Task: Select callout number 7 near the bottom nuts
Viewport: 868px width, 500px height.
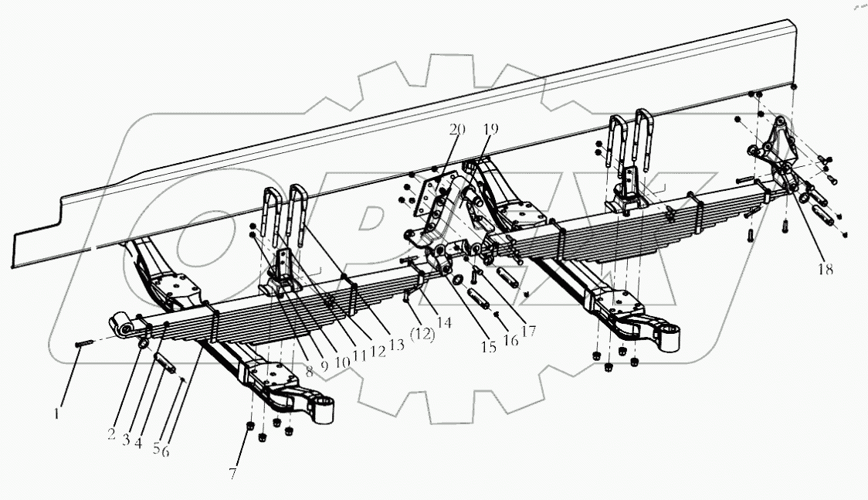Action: tap(233, 471)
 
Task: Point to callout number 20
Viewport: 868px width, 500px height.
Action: tap(457, 131)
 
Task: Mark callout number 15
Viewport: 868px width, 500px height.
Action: tap(487, 348)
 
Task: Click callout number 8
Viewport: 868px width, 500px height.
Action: tap(309, 370)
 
